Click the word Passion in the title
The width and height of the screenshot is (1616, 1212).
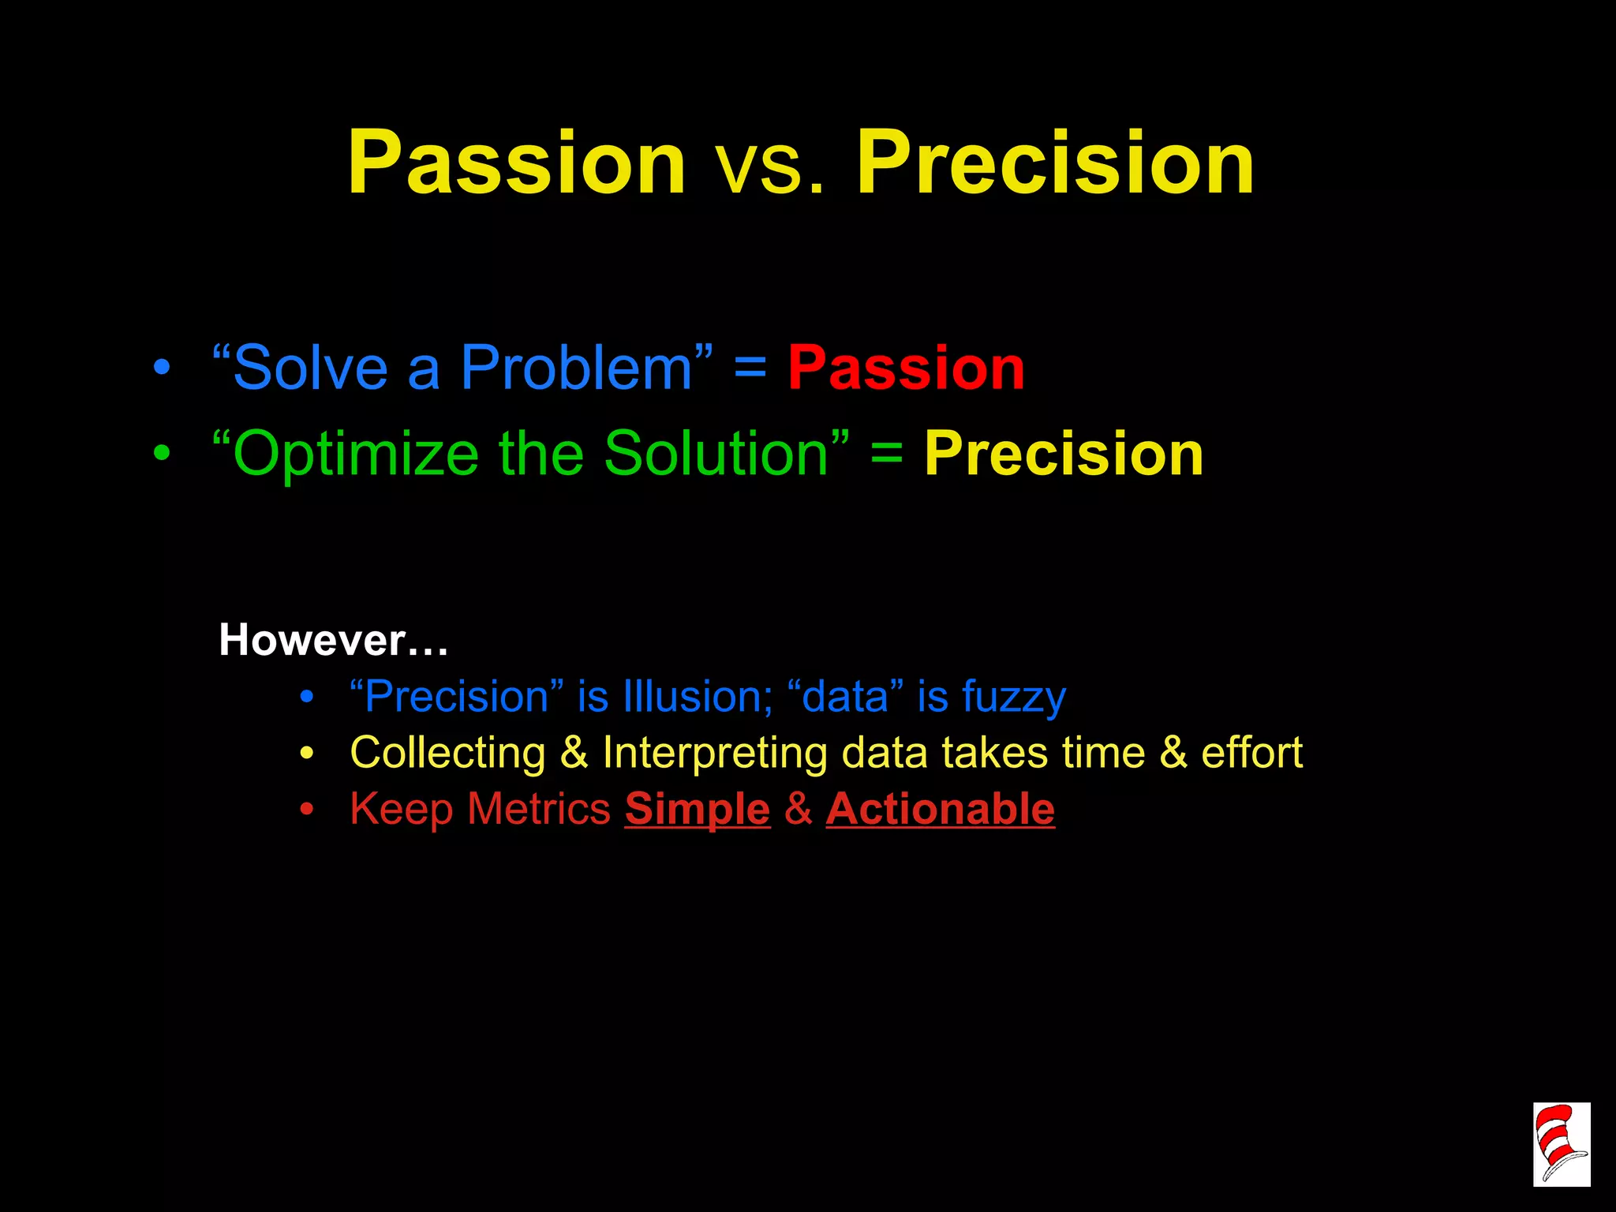pos(517,163)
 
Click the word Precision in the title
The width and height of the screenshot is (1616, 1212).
pos(1056,163)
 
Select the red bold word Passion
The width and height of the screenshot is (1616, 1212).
pos(906,368)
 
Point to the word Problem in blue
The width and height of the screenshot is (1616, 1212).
pos(576,368)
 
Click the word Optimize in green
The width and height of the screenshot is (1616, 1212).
pos(357,455)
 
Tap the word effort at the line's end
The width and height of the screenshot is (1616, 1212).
pos(1251,752)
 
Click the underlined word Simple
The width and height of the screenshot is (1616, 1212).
pos(697,810)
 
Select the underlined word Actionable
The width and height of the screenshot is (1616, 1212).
pos(940,810)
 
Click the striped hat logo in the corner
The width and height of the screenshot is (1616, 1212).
pos(1561,1144)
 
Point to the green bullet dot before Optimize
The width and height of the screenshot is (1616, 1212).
pos(162,454)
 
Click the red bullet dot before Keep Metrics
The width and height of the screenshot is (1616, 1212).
pos(307,810)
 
